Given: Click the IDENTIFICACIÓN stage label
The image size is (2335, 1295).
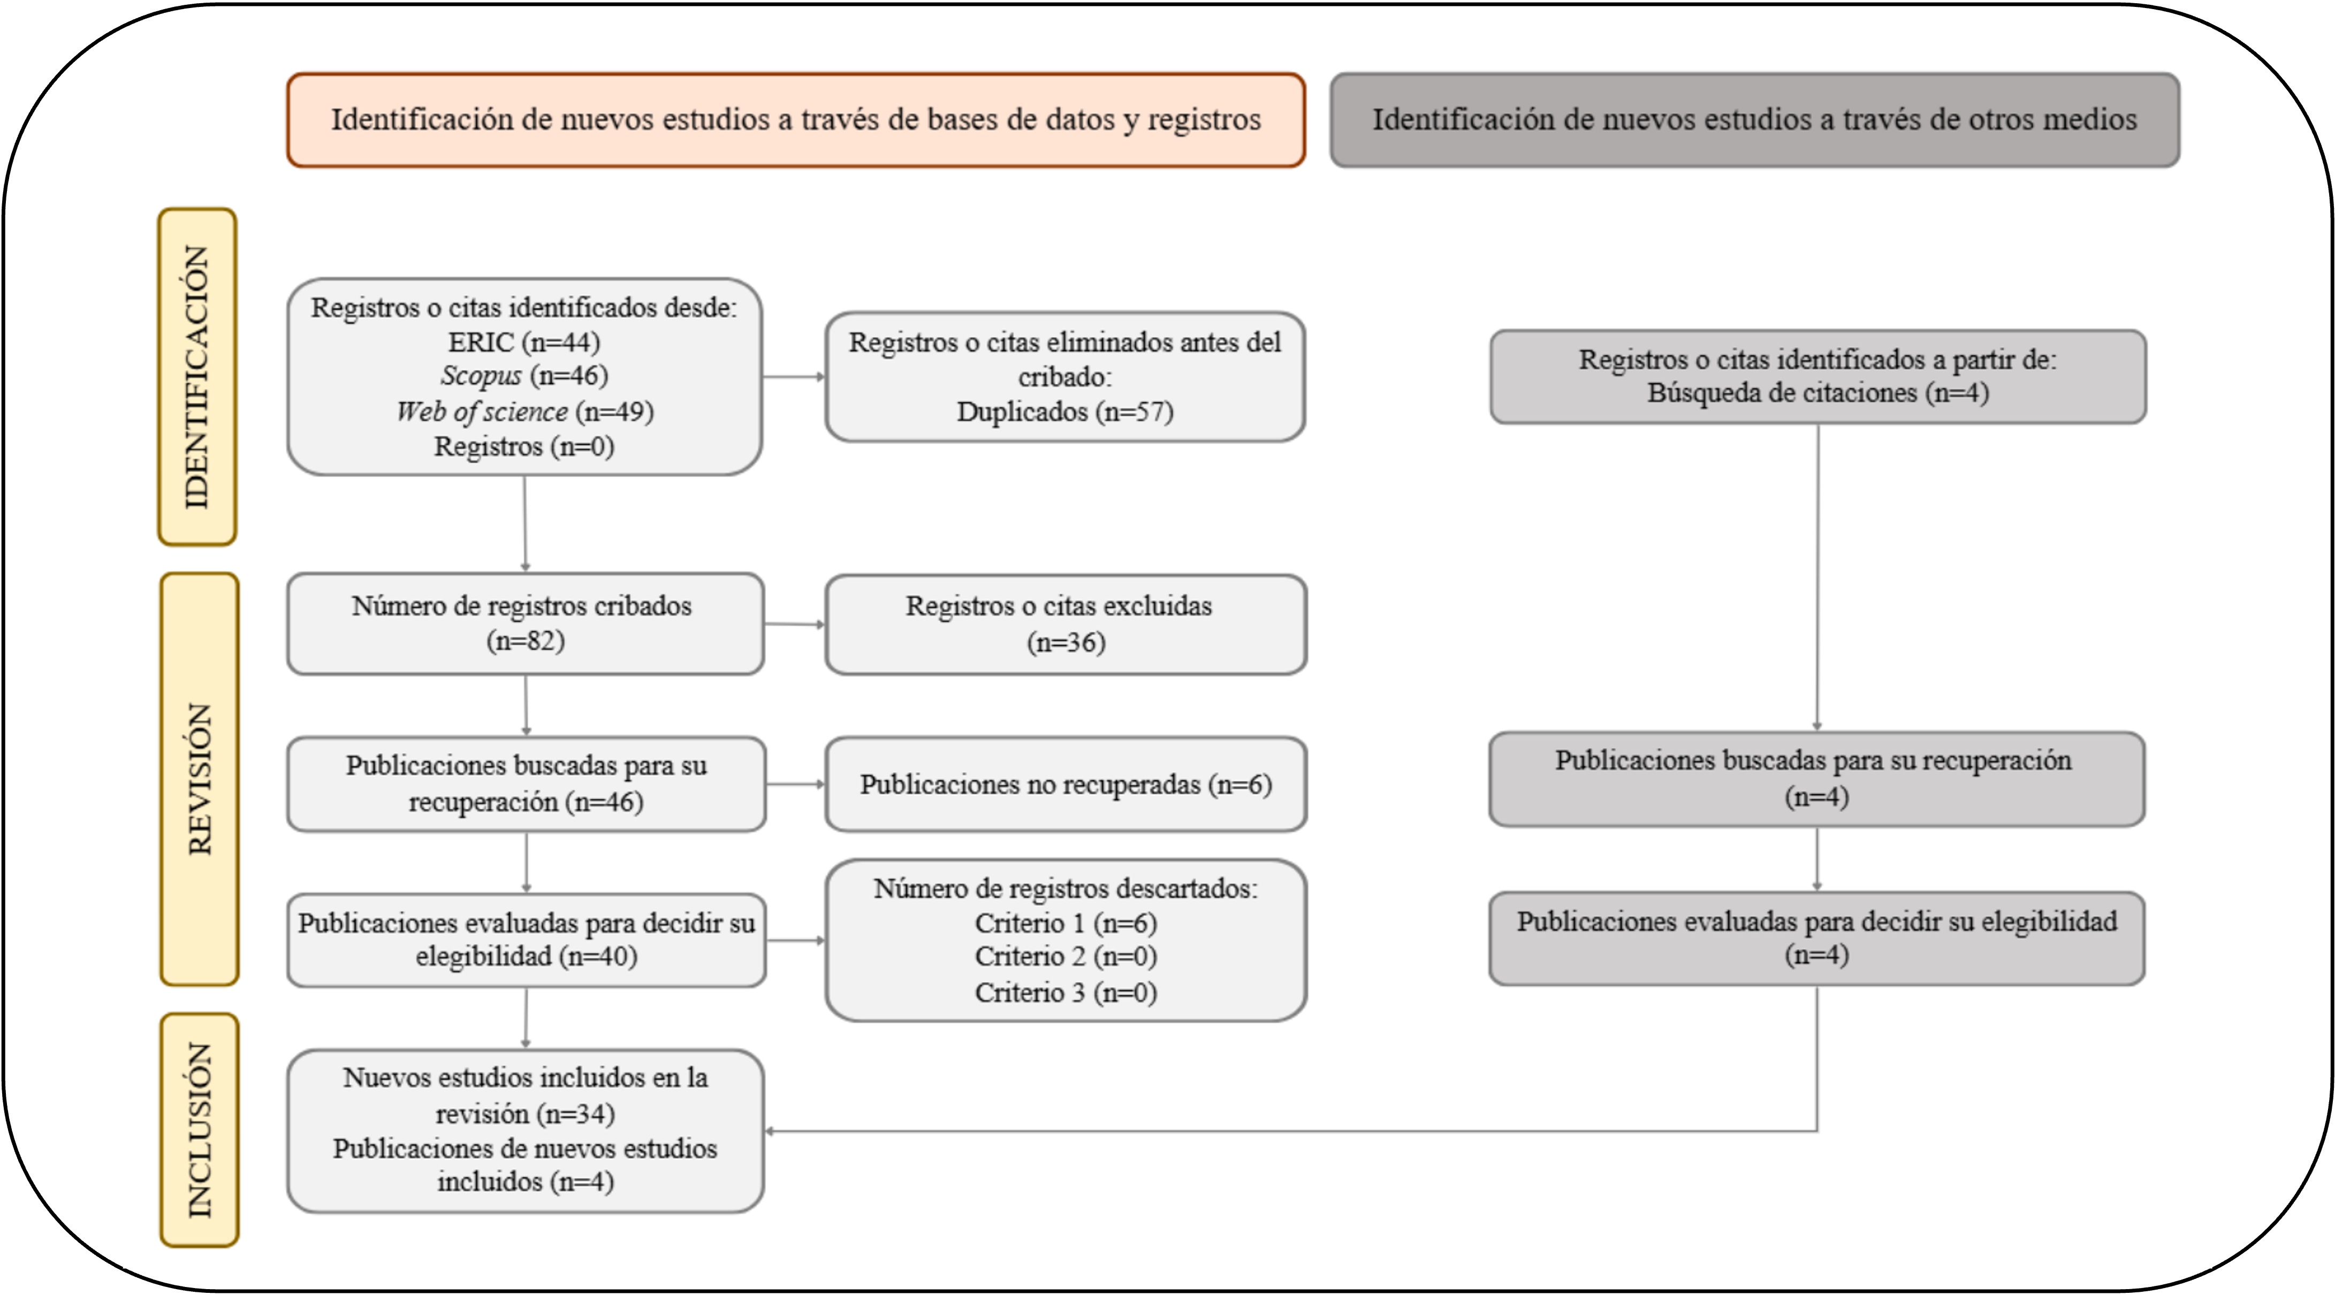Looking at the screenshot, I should [x=197, y=377].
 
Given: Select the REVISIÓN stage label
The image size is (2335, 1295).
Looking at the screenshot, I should [x=200, y=779].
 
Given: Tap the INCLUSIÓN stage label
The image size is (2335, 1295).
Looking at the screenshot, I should [x=200, y=1130].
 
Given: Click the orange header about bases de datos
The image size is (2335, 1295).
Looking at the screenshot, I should [x=796, y=120].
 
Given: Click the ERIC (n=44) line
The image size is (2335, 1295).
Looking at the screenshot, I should [x=524, y=342].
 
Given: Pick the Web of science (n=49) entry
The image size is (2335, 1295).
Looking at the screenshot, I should [x=524, y=412].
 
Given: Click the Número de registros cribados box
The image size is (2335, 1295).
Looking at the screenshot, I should [x=525, y=623].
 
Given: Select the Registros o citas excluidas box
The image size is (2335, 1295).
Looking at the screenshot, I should [x=1065, y=624].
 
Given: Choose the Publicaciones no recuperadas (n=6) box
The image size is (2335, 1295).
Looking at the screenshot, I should [x=1065, y=784].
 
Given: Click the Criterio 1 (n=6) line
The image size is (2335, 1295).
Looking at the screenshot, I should [x=1065, y=924].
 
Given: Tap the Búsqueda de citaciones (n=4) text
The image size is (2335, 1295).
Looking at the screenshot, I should [x=1817, y=393].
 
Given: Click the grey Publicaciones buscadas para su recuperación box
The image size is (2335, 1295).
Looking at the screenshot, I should [x=1816, y=779].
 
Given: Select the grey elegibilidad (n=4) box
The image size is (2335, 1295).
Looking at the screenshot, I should [x=1816, y=939].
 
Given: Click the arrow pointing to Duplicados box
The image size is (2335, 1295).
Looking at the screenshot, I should [x=793, y=377].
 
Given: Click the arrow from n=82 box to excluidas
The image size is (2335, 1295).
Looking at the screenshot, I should [x=794, y=623].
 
